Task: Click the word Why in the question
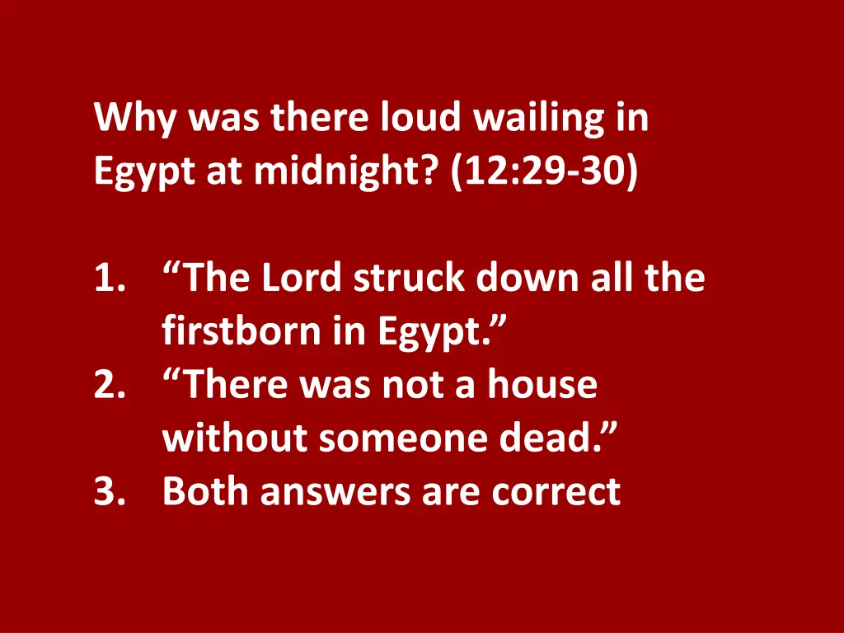pyautogui.click(x=136, y=119)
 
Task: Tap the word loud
pyautogui.click(x=420, y=119)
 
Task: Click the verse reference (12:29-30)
pyautogui.click(x=544, y=172)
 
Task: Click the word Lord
pyautogui.click(x=302, y=279)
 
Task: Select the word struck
pyautogui.click(x=409, y=279)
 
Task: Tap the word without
pyautogui.click(x=235, y=438)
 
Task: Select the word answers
pyautogui.click(x=335, y=491)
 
